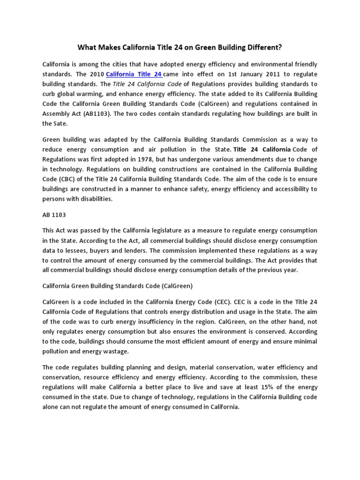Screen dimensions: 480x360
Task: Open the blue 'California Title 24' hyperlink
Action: click(134, 74)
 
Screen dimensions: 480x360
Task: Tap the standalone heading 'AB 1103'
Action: click(54, 215)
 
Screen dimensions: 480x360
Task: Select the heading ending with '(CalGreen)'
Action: click(118, 286)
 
